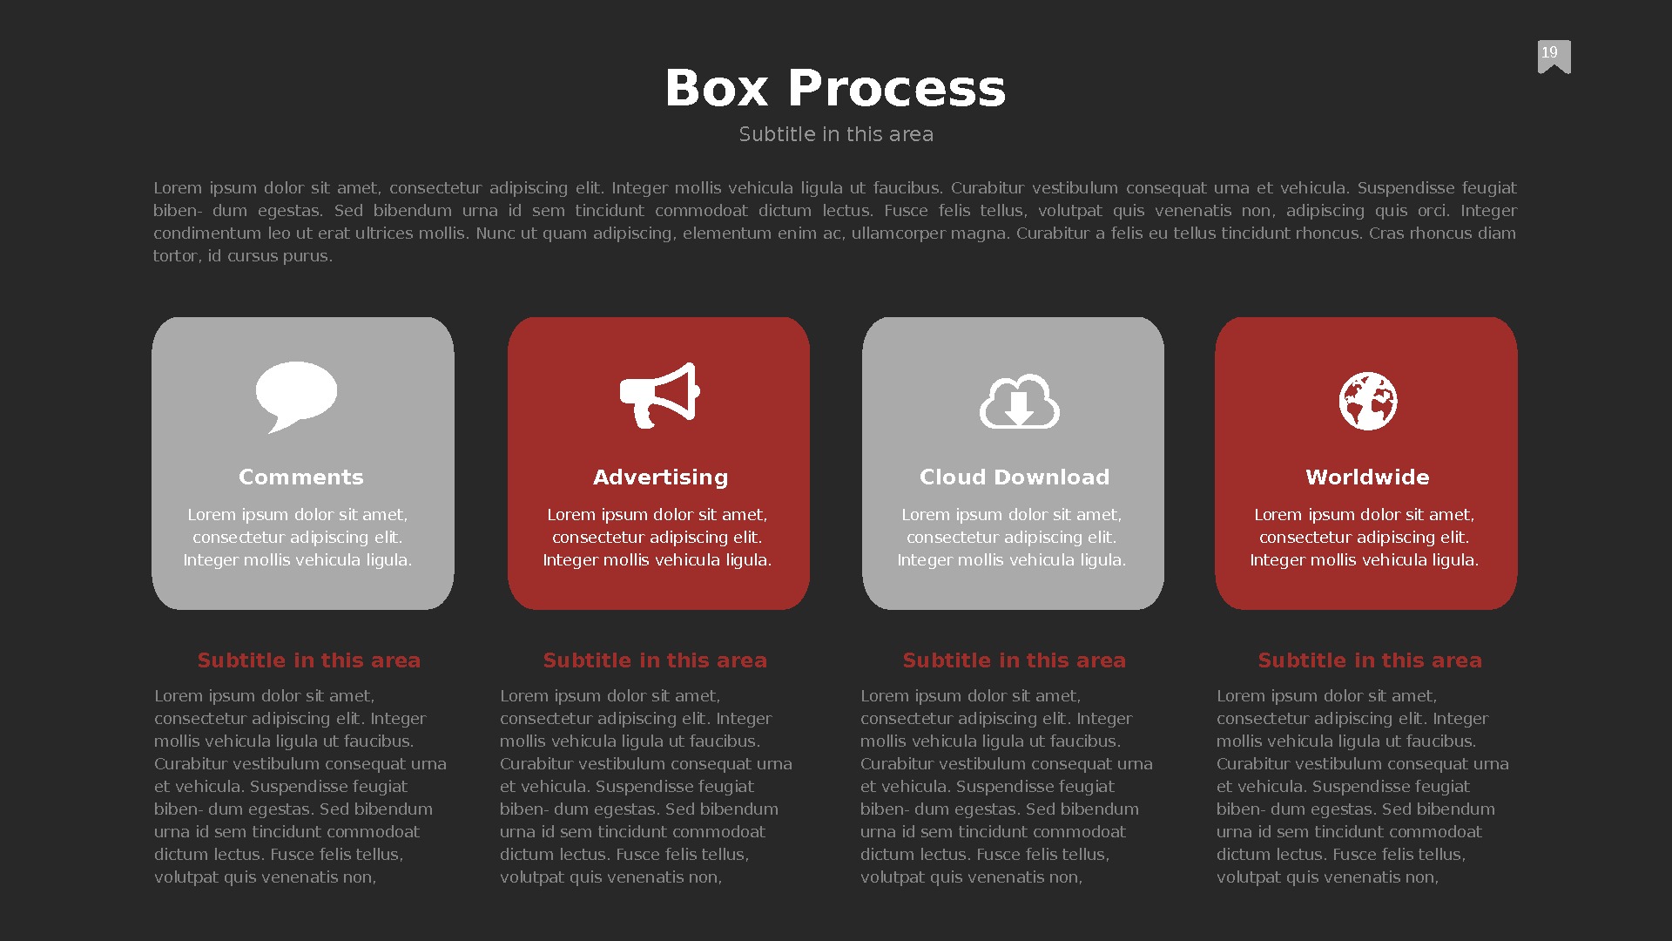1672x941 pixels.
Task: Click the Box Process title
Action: (x=835, y=88)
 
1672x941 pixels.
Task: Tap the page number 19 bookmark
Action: (x=1554, y=56)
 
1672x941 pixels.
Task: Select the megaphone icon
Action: (x=659, y=396)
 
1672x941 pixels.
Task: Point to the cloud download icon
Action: (x=1019, y=402)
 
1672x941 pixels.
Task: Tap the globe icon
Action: (x=1367, y=402)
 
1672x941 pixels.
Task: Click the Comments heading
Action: (x=301, y=477)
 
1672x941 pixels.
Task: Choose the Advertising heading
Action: (x=660, y=477)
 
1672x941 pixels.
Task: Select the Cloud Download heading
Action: (x=1015, y=477)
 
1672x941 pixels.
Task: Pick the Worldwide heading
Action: (x=1367, y=477)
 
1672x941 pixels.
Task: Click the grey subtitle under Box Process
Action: (x=836, y=134)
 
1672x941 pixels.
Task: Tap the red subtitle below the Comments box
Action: (x=309, y=660)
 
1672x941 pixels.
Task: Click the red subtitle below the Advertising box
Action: (x=655, y=660)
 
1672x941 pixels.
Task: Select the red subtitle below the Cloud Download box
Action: (x=1015, y=660)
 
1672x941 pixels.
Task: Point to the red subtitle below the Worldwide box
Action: (x=1370, y=660)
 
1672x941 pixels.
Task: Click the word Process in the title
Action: (x=896, y=88)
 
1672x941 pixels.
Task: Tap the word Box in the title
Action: (x=717, y=88)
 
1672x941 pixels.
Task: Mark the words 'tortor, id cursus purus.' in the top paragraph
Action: (x=243, y=256)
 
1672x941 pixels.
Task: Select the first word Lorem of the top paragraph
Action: (x=178, y=188)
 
